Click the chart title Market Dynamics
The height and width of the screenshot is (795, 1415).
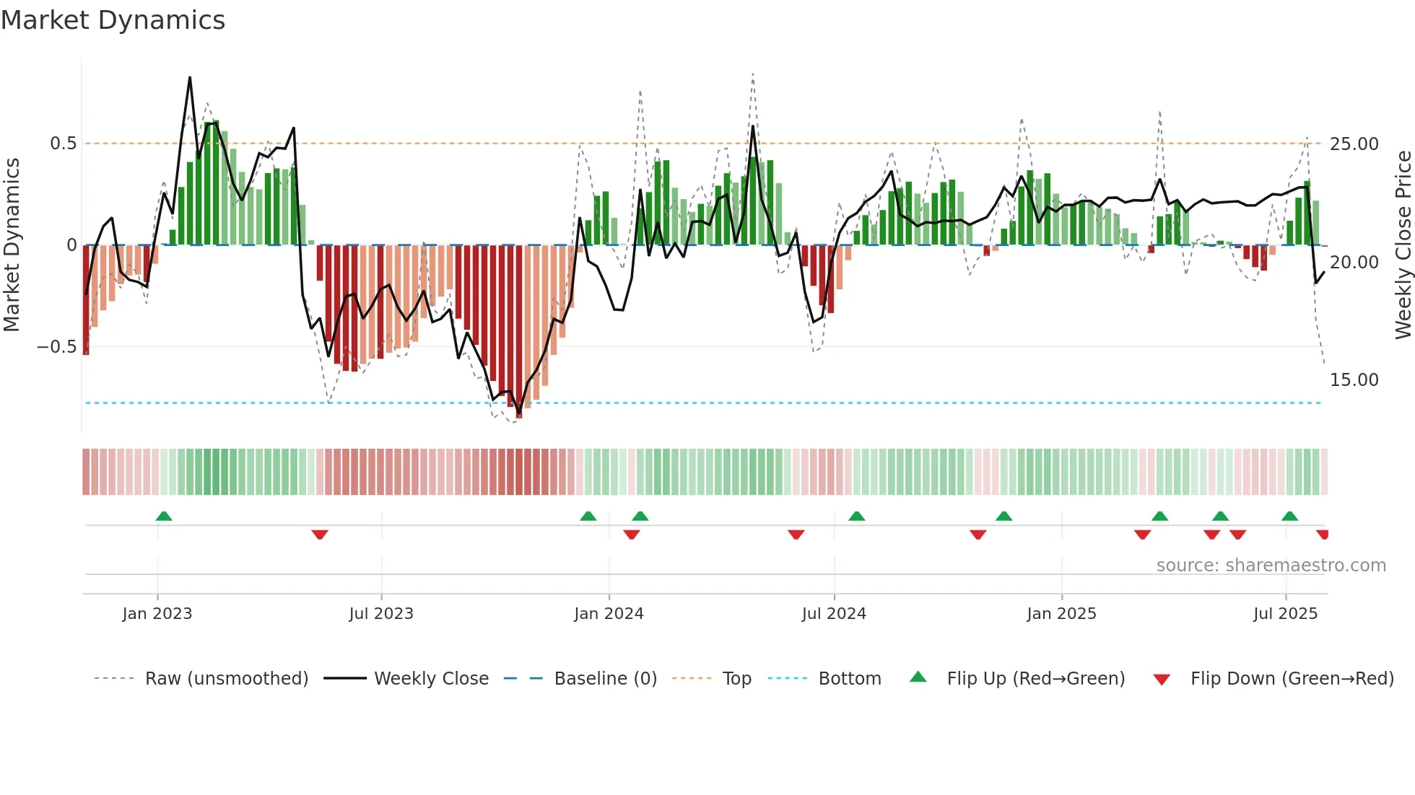[x=113, y=20]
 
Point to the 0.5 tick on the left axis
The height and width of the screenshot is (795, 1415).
[x=63, y=144]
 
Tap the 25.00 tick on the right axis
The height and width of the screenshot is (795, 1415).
[x=1354, y=144]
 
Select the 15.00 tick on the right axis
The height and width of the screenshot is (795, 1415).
[x=1354, y=380]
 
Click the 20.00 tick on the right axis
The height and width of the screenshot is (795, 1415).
[x=1354, y=263]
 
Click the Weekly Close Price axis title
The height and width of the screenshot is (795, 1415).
[x=1403, y=245]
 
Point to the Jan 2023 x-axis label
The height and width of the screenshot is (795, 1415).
[x=157, y=614]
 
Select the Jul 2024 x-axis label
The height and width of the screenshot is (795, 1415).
[x=834, y=614]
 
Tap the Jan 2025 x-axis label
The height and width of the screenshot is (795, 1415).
[x=1061, y=614]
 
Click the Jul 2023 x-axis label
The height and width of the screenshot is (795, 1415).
[x=381, y=614]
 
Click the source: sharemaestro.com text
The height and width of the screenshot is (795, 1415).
[x=1271, y=566]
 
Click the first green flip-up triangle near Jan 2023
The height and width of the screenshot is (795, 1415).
[x=164, y=517]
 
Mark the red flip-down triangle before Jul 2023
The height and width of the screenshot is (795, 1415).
[x=320, y=535]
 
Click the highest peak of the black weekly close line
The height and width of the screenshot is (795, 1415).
[x=190, y=77]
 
